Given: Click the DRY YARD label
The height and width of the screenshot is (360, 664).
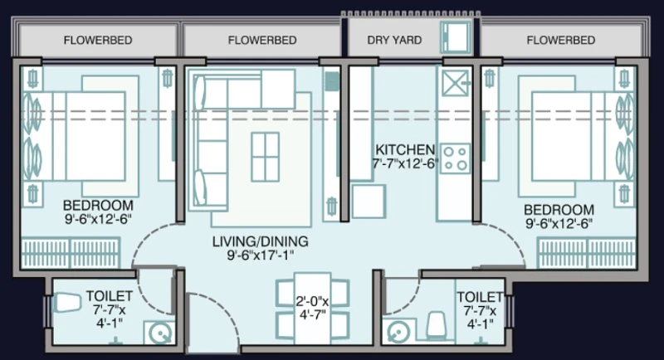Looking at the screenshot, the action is (x=394, y=40).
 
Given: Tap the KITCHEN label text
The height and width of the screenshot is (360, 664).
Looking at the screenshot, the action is (x=405, y=150).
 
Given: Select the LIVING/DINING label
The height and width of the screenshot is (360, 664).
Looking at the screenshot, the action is (x=260, y=241).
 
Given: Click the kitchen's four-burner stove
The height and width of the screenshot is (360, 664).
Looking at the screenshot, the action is (x=455, y=158).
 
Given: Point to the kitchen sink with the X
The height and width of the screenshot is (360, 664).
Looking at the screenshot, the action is (x=455, y=83).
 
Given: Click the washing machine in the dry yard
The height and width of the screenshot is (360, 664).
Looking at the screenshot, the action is (x=456, y=37).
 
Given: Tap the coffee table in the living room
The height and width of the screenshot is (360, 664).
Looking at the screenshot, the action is (x=265, y=157).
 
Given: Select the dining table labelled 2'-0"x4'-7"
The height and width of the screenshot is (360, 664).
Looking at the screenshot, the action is (x=313, y=308).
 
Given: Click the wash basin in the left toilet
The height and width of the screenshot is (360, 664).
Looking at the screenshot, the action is (x=159, y=333).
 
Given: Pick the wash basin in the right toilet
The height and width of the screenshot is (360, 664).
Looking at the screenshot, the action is (x=398, y=332).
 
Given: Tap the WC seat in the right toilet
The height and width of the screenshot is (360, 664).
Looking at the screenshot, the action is (x=437, y=325).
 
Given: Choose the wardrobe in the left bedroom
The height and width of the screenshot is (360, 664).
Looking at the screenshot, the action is (x=71, y=252).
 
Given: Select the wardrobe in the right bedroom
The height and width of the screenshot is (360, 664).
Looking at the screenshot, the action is (x=587, y=252).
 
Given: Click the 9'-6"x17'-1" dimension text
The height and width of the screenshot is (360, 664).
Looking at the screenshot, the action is (x=260, y=255).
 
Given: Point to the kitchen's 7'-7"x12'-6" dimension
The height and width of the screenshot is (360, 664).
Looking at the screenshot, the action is (x=405, y=163).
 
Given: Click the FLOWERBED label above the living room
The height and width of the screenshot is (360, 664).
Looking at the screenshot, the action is (x=262, y=40).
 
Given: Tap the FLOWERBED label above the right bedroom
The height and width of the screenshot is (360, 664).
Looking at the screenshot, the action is (x=561, y=40).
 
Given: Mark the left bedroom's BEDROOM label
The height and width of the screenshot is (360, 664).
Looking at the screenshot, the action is (x=98, y=206).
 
